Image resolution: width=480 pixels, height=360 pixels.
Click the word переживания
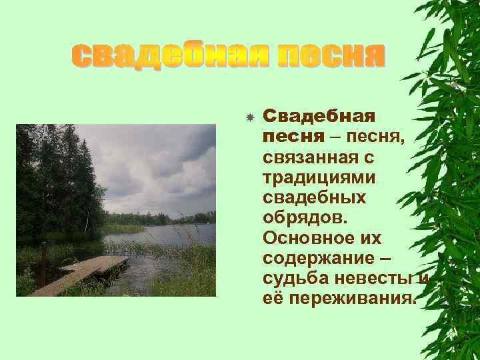click(353, 298)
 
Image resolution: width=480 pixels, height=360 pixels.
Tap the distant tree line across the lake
click(160, 218)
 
